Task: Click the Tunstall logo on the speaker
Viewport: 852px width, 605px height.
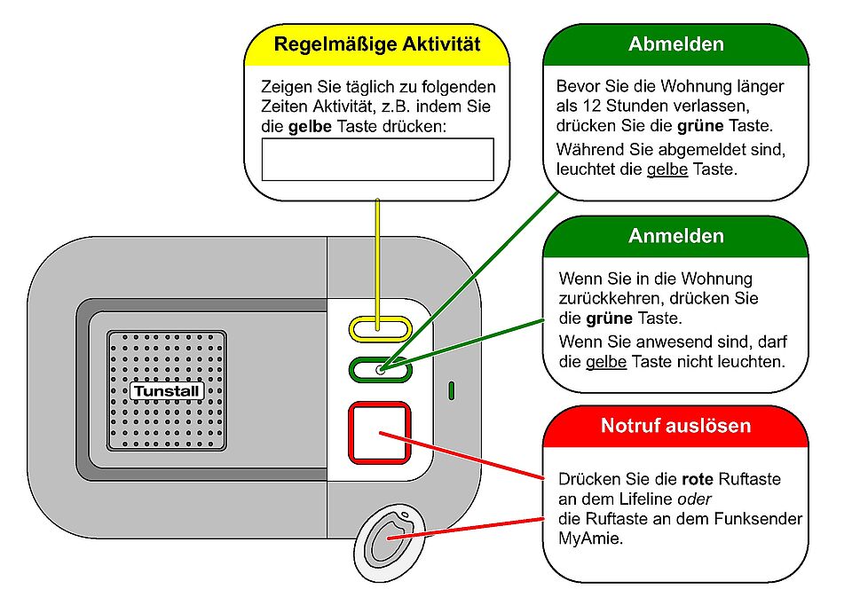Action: pos(167,390)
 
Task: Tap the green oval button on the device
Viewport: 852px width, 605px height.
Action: pos(380,369)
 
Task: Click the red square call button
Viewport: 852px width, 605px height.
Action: pos(380,433)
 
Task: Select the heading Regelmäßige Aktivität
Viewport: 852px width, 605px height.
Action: pos(377,43)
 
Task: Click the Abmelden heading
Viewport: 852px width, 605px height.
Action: pos(675,44)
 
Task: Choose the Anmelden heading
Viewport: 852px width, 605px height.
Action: pos(675,236)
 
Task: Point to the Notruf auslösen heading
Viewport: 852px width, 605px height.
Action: pos(675,426)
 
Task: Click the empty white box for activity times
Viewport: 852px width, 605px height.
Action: pos(377,160)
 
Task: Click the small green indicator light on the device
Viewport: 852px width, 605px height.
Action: pos(452,389)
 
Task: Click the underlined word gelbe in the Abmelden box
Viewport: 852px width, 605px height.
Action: pos(667,169)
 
